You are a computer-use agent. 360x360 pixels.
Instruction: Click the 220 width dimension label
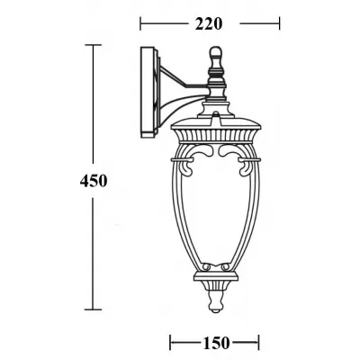click(x=209, y=23)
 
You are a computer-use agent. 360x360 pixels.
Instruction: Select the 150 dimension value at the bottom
click(x=214, y=342)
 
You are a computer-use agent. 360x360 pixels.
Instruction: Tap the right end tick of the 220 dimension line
click(x=281, y=24)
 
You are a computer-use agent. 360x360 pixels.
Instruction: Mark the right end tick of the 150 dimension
click(x=259, y=342)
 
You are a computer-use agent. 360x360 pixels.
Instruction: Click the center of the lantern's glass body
click(x=214, y=207)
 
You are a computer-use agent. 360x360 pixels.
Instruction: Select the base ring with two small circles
click(x=214, y=268)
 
